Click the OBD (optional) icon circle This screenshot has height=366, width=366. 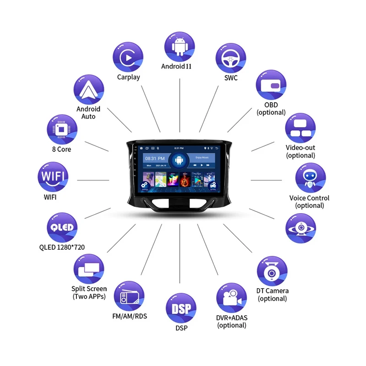[x=271, y=86]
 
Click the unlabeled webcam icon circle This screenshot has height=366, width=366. [x=301, y=227]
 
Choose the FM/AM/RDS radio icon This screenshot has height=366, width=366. [x=129, y=296]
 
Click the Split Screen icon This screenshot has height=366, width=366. [x=89, y=269]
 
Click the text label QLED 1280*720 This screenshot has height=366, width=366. [x=62, y=248]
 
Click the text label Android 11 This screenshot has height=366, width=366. [x=176, y=66]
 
